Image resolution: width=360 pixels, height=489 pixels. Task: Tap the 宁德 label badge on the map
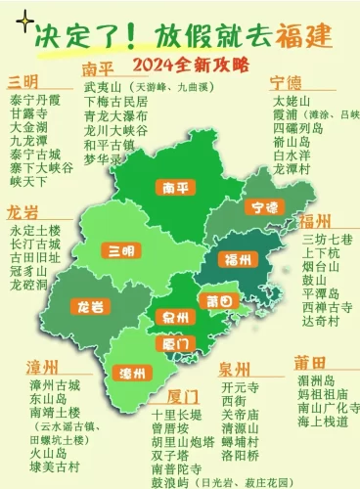(x=264, y=207)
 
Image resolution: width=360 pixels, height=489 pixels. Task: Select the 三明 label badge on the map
(x=121, y=251)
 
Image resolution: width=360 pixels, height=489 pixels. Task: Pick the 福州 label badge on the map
(x=238, y=259)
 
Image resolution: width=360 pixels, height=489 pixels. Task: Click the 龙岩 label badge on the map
(x=90, y=306)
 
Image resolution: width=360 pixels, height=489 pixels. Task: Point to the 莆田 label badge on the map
(x=218, y=299)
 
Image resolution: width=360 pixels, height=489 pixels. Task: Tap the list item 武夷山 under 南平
(x=103, y=87)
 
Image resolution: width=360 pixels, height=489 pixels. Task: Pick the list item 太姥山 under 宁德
(x=292, y=100)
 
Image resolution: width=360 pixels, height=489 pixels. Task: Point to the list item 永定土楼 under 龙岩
(x=34, y=230)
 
